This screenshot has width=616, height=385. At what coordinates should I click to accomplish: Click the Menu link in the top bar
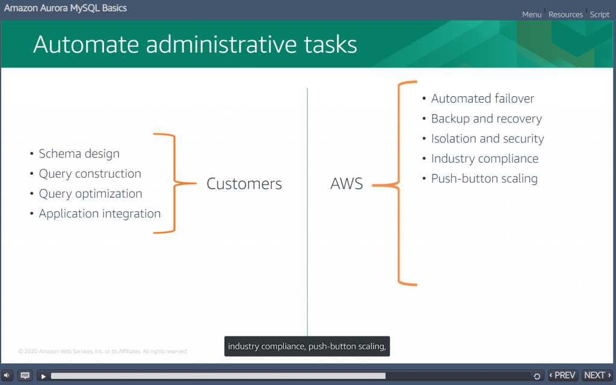531,14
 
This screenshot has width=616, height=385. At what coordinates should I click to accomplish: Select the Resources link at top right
565,14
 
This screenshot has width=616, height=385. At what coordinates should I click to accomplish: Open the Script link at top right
600,14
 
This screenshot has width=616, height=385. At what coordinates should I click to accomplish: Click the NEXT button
597,375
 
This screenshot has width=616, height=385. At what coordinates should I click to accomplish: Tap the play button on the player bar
43,376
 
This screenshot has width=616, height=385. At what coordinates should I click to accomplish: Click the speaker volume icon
8,375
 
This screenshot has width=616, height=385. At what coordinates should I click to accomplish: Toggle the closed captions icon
25,375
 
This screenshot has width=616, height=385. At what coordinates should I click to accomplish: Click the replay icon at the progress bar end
537,376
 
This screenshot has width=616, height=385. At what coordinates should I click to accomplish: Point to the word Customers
244,184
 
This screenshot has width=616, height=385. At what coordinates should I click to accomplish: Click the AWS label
346,184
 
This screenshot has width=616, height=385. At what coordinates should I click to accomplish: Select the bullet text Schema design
79,154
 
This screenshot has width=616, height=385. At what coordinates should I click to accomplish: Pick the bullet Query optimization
90,193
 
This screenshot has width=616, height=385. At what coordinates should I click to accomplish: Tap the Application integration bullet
99,213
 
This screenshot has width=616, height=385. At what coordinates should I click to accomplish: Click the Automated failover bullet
482,99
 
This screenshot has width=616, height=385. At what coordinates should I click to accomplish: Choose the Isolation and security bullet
487,138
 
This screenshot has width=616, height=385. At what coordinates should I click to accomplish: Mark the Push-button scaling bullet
484,178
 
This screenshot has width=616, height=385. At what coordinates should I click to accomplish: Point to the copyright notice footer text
103,351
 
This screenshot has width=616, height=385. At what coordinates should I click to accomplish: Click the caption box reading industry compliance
307,347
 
